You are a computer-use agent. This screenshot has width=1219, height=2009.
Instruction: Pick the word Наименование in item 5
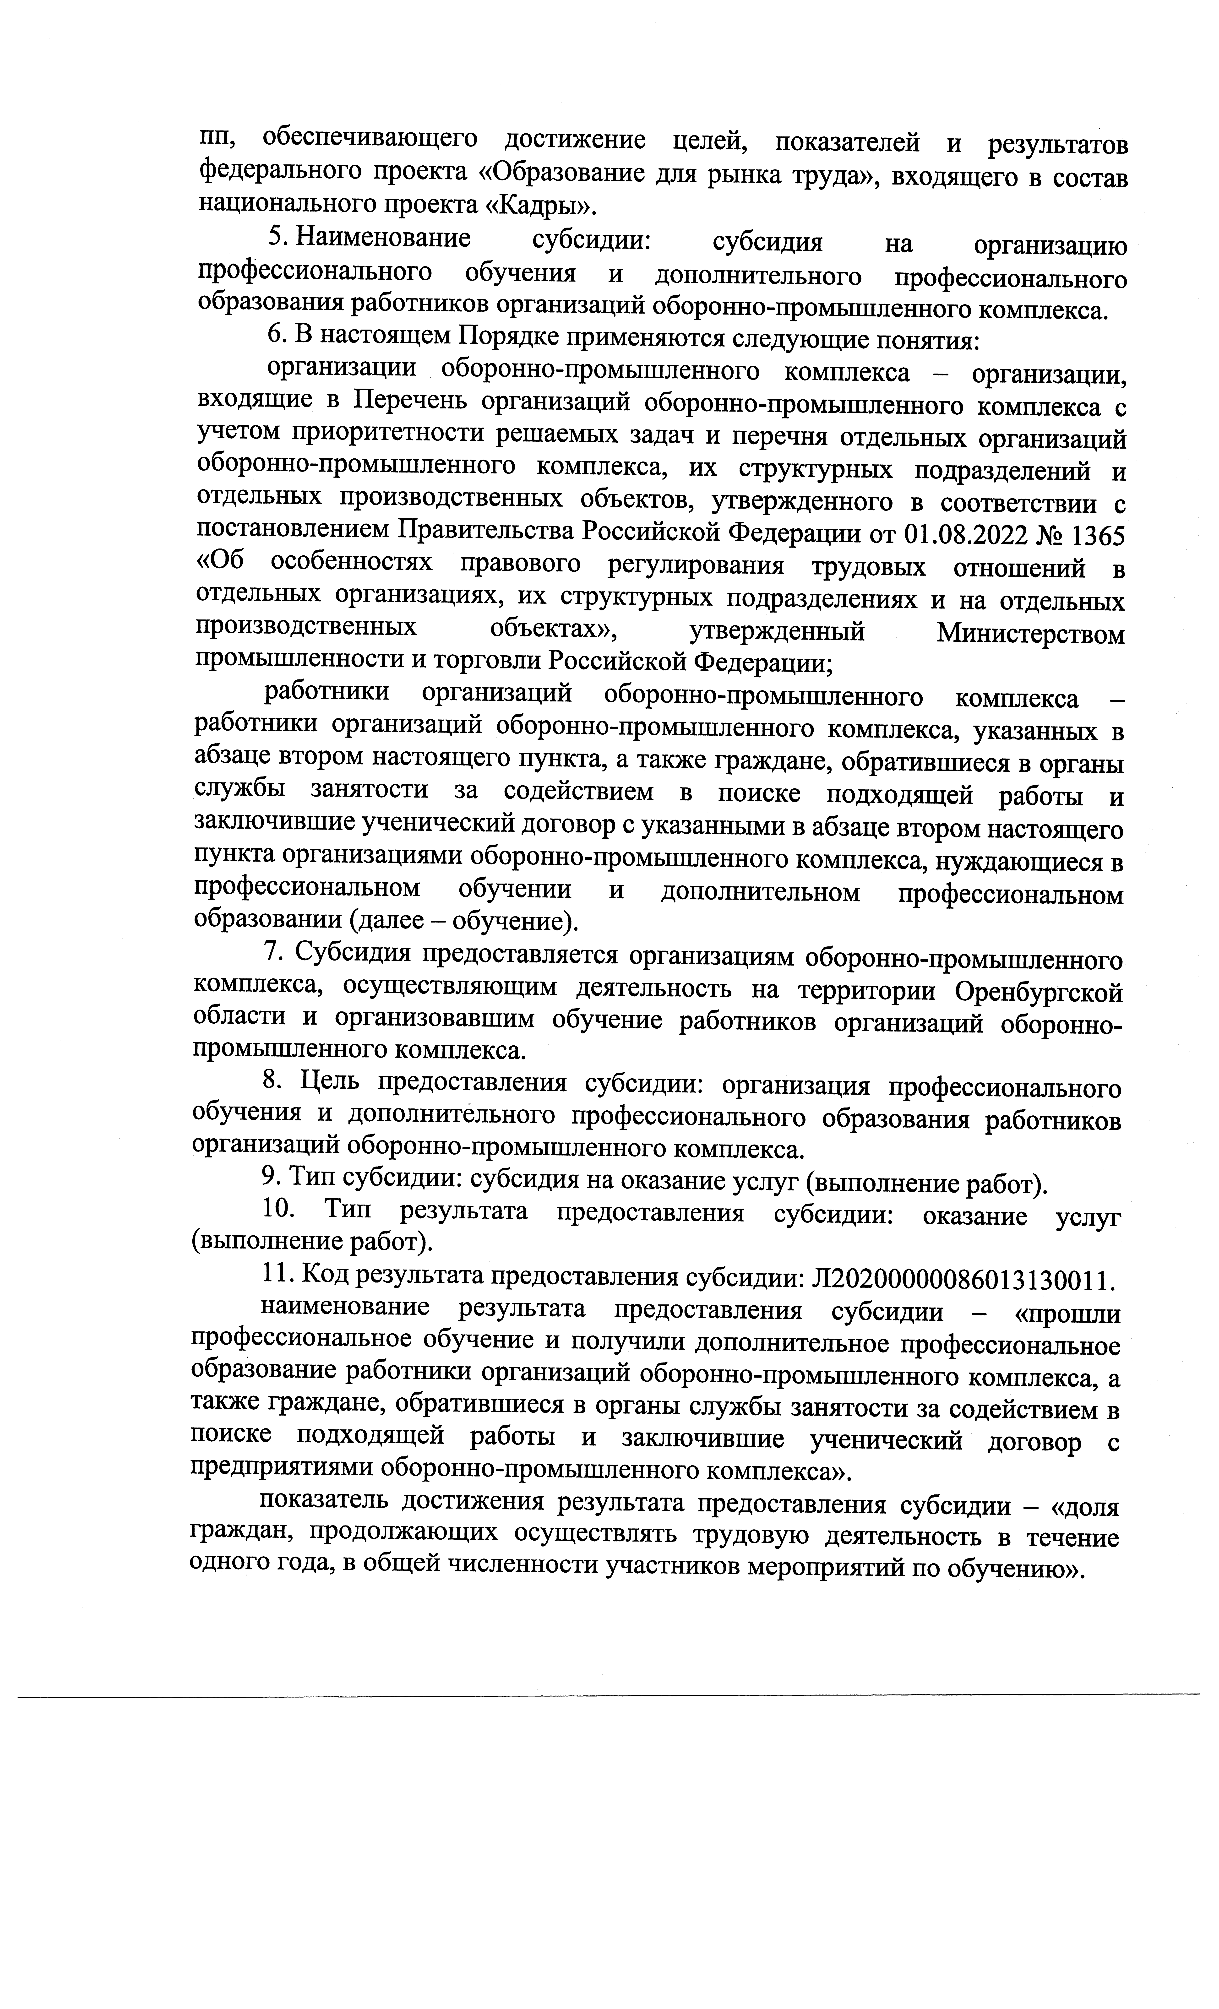click(x=383, y=239)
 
